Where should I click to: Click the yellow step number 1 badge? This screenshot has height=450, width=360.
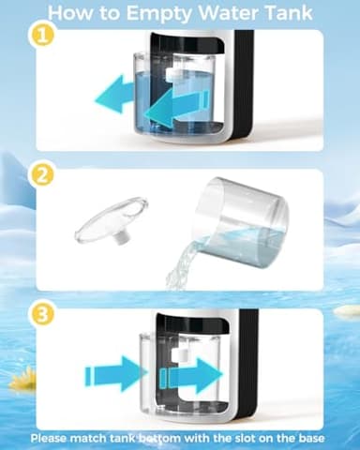pos(41,36)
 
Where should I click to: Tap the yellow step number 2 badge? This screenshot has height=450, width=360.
pos(41,175)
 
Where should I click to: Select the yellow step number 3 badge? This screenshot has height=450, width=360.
pos(41,315)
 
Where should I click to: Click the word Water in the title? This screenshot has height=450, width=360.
pos(228,12)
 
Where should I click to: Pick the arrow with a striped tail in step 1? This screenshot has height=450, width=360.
pos(177,108)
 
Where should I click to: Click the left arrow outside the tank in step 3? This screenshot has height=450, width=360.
pos(116,374)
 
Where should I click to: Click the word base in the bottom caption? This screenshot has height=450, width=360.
pos(311,438)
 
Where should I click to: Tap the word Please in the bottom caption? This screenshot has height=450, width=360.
pos(48,439)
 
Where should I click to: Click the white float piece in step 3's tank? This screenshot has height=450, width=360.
pos(179,354)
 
